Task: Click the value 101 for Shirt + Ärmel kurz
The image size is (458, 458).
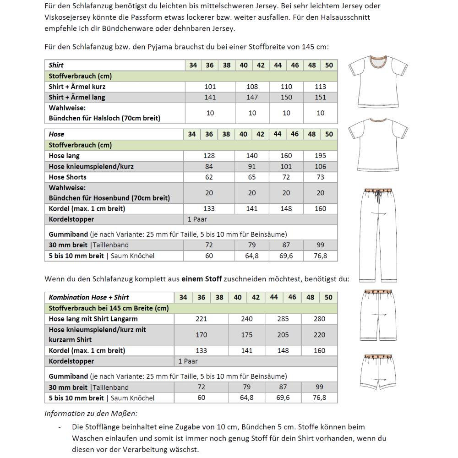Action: tap(210, 87)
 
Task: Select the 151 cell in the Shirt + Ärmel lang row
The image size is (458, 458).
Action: tap(321, 97)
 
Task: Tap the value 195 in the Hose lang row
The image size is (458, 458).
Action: tap(321, 156)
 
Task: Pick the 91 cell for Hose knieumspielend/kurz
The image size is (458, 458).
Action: tap(252, 166)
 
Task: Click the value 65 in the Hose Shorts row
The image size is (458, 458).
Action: tap(252, 177)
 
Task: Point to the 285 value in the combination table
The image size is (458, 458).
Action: tap(283, 319)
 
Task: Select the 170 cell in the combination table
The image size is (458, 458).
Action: tap(202, 335)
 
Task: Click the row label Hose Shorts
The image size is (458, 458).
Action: tap(67, 177)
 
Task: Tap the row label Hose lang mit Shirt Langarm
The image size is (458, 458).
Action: tap(93, 319)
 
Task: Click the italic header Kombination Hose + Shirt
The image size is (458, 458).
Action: tap(89, 297)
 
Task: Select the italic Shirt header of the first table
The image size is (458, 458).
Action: tap(56, 65)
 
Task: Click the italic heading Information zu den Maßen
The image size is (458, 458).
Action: tap(90, 414)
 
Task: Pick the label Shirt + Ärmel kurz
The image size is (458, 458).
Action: tap(77, 87)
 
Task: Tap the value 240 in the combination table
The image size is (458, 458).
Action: tap(247, 319)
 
